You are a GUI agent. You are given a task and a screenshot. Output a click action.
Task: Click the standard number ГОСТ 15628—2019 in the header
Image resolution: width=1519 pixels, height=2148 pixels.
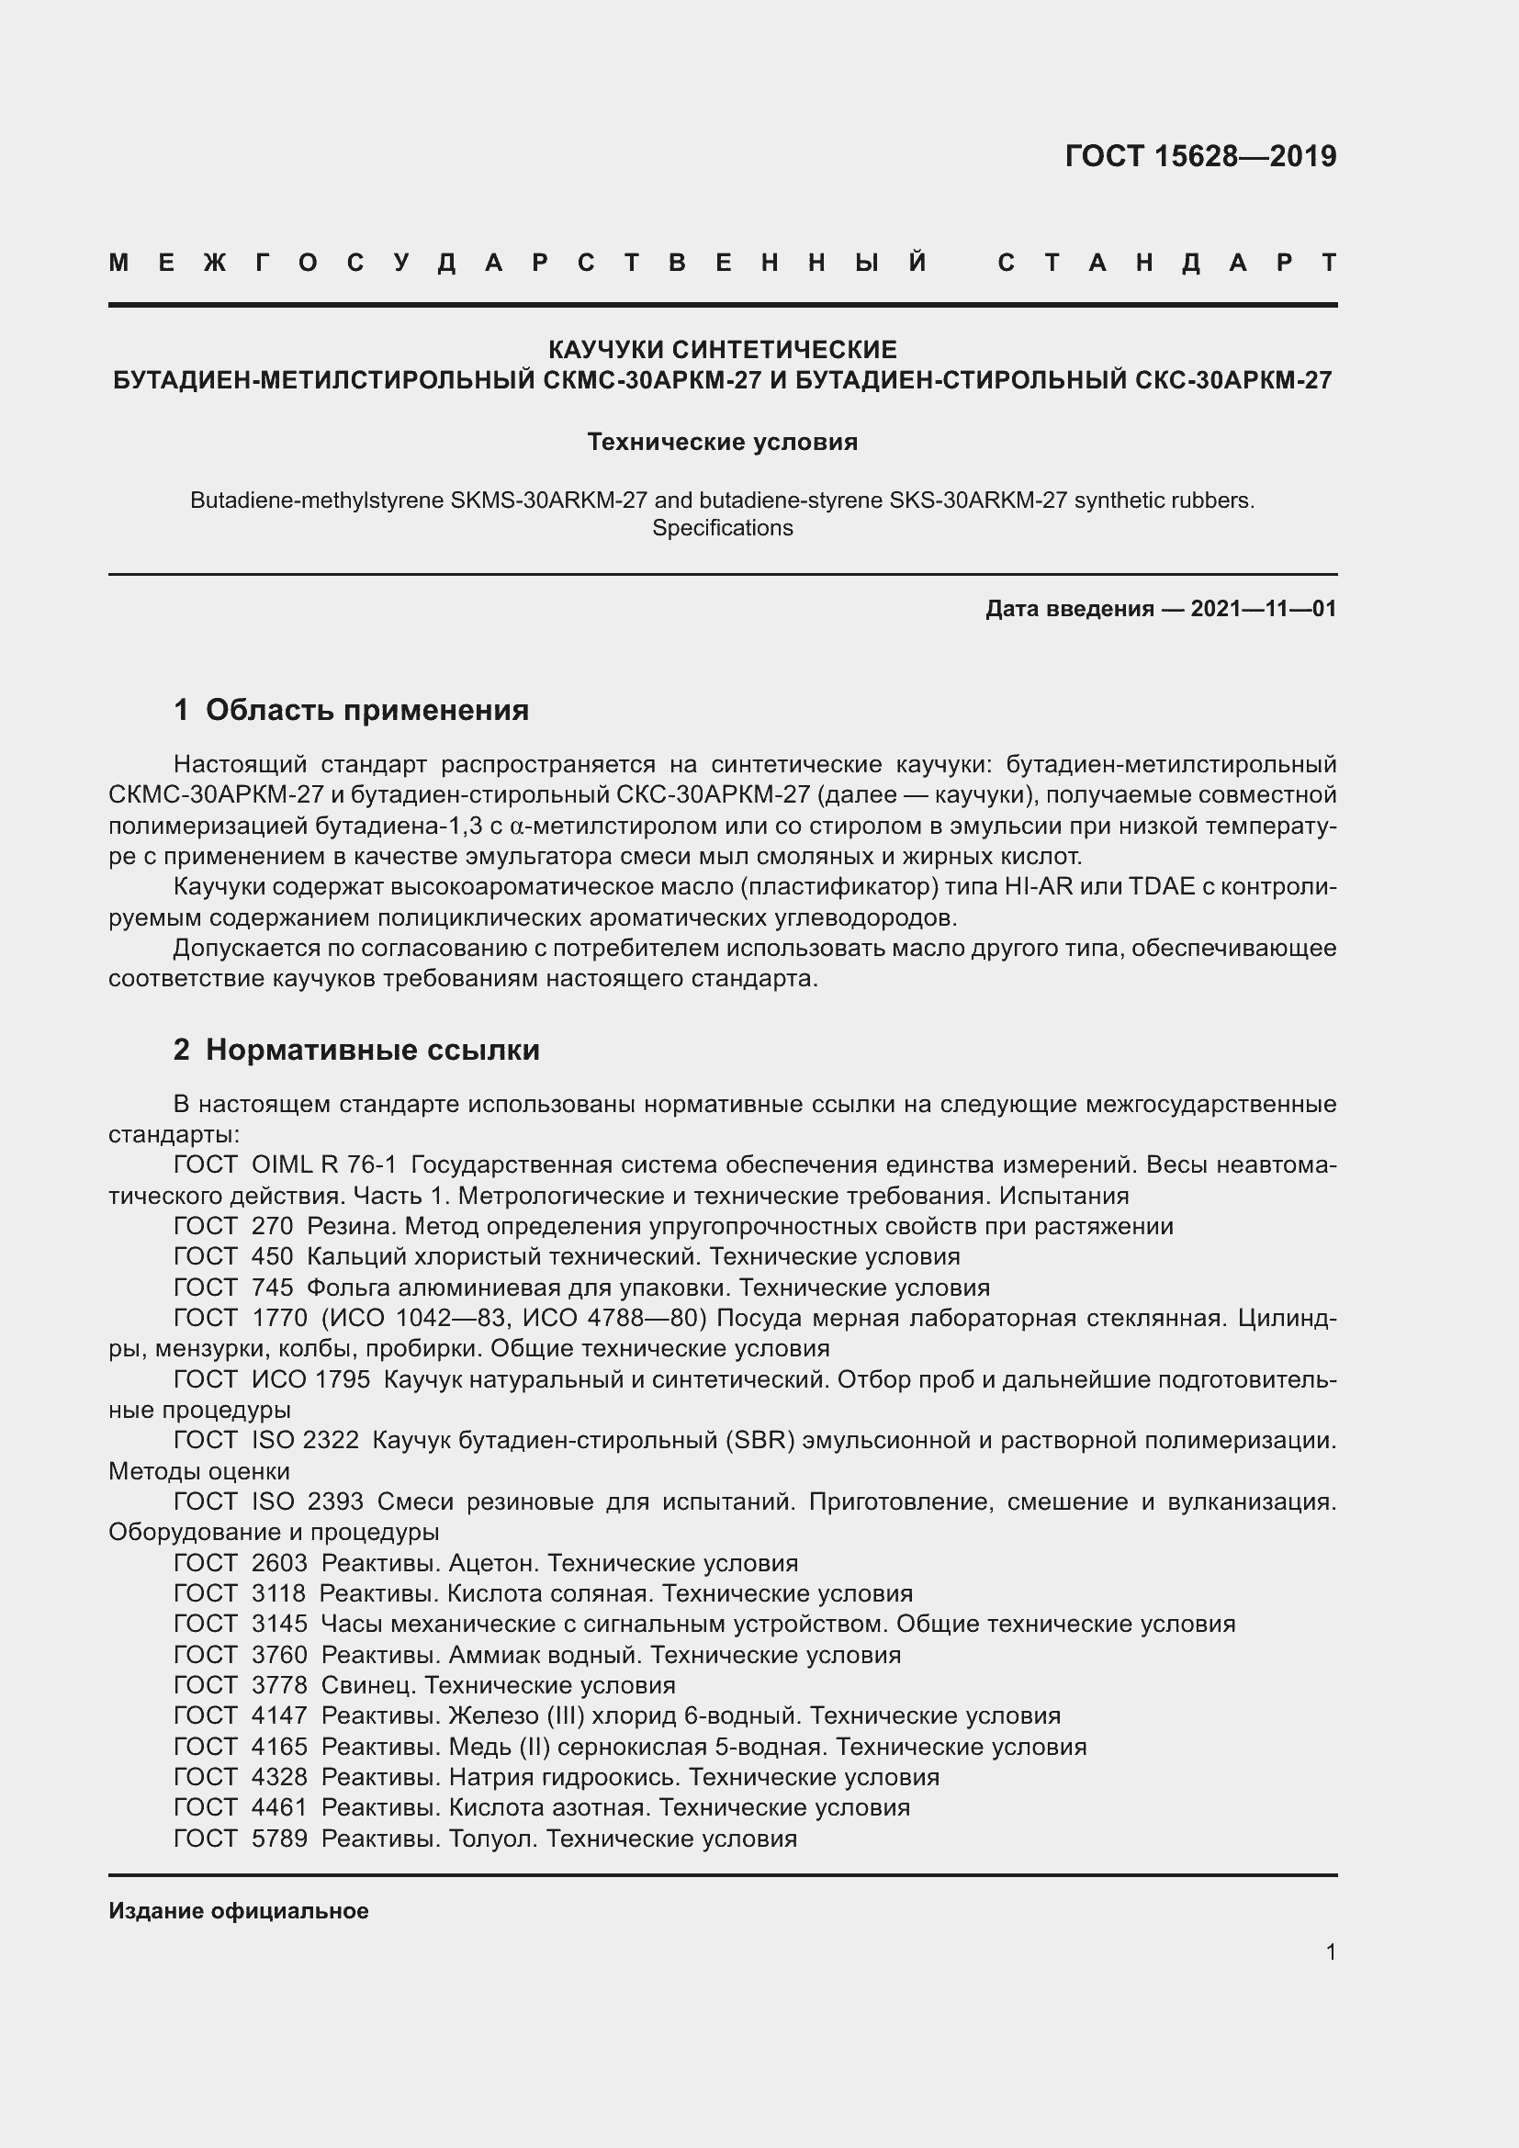(x=1200, y=156)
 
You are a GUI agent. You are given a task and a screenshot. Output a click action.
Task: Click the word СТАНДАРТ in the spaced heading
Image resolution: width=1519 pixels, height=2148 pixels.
(x=1167, y=263)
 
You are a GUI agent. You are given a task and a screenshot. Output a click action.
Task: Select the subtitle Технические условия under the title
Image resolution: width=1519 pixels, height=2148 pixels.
(x=722, y=442)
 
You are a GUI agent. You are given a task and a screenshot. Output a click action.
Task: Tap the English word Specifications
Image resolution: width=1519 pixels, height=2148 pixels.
(x=722, y=528)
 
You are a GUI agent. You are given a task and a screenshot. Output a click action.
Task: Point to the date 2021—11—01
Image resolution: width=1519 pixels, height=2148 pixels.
(x=1263, y=609)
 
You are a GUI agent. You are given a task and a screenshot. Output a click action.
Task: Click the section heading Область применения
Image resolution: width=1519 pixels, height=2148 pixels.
(x=366, y=710)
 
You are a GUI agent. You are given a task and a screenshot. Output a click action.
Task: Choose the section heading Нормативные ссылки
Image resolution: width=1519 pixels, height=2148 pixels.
(x=372, y=1050)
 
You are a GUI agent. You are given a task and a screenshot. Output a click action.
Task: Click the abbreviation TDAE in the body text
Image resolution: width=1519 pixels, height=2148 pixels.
(x=1162, y=887)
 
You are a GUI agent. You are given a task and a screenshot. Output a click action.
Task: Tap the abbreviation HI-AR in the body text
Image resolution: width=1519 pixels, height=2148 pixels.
(x=1039, y=887)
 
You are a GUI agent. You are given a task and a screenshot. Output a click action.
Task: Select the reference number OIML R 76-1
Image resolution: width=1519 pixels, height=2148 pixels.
(x=323, y=1164)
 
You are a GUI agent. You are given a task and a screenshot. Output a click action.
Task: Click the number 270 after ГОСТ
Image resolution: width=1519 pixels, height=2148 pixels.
(x=272, y=1226)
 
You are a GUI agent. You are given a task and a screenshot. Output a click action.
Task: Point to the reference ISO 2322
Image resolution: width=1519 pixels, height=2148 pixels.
(x=305, y=1440)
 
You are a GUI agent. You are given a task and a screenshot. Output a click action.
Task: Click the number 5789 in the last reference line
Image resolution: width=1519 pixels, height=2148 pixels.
(x=279, y=1839)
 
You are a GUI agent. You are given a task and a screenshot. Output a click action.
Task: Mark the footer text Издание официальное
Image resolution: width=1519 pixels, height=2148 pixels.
(x=239, y=1910)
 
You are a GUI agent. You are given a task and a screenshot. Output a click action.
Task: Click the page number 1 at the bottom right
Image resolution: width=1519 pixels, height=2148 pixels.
(x=1331, y=1951)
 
